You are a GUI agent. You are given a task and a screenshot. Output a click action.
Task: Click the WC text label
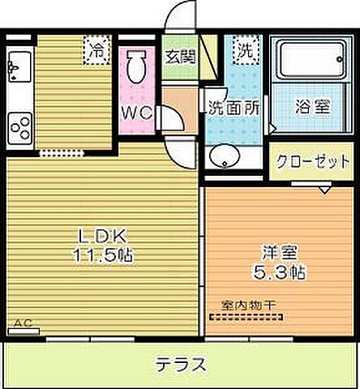(137, 113)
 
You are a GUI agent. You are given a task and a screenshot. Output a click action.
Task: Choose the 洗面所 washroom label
(234, 106)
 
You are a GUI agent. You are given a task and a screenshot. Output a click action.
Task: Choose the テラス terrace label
(179, 364)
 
